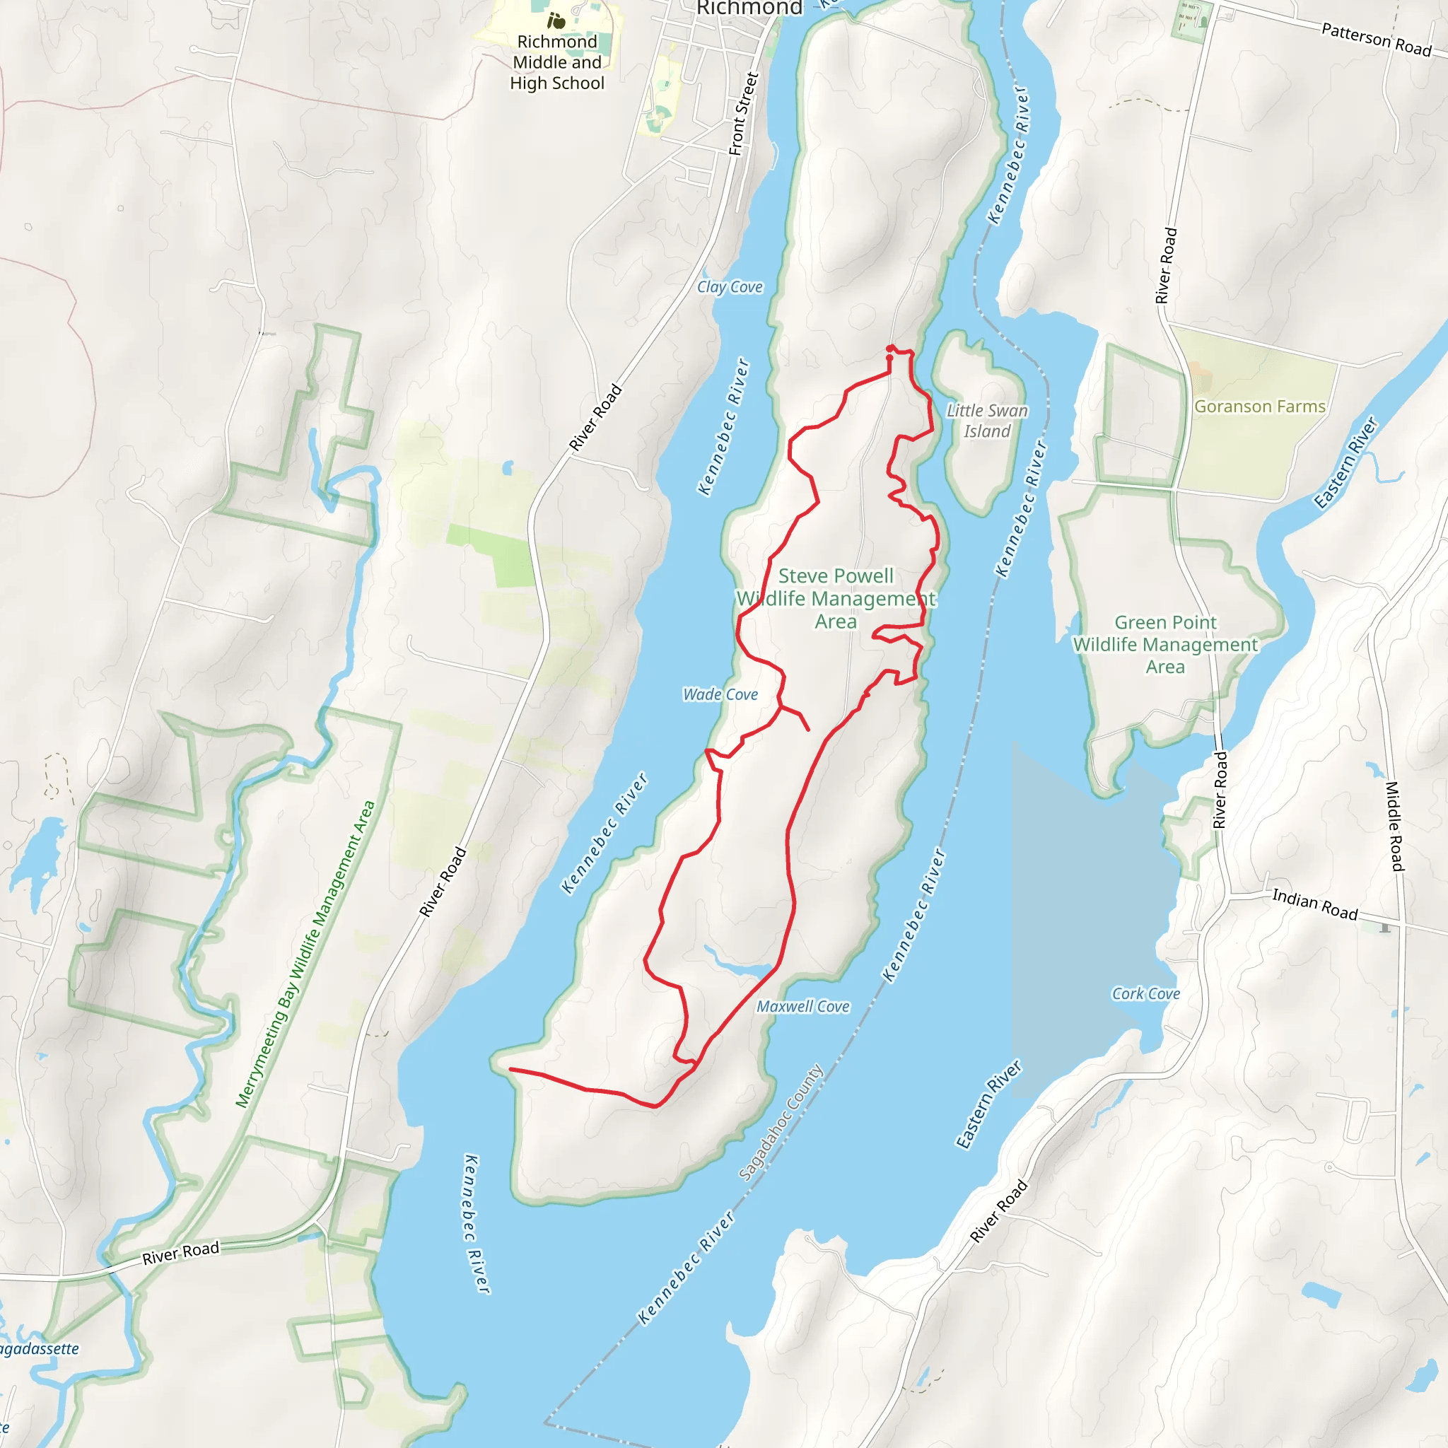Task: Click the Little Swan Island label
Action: [x=987, y=421]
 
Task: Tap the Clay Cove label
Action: [x=729, y=287]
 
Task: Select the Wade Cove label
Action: [x=720, y=695]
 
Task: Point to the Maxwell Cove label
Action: [x=802, y=1007]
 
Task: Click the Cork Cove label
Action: [x=1145, y=994]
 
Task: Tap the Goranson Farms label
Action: [x=1259, y=407]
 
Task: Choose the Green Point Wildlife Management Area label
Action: [x=1164, y=645]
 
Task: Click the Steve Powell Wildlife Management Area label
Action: [x=836, y=598]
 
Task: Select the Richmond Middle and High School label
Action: [x=557, y=62]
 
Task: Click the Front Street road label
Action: [x=744, y=114]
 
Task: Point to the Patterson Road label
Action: [x=1376, y=39]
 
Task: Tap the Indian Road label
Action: [x=1314, y=904]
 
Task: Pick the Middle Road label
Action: [x=1394, y=826]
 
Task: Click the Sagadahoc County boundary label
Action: [x=781, y=1122]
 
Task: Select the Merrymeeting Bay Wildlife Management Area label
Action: [x=305, y=954]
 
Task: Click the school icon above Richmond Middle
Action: [x=556, y=21]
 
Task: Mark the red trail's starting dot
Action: [x=889, y=349]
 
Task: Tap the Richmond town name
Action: [x=749, y=8]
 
